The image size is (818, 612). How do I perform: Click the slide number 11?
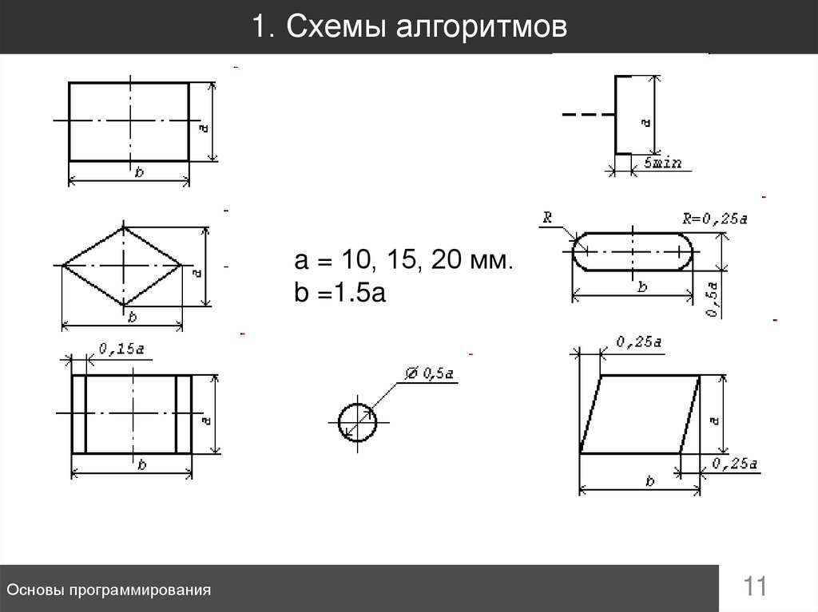pyautogui.click(x=755, y=587)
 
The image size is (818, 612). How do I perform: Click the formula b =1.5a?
pyautogui.click(x=340, y=294)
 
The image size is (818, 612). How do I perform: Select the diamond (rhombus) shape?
pyautogui.click(x=123, y=265)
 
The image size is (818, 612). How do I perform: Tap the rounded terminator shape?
pyautogui.click(x=632, y=251)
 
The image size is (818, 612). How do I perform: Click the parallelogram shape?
pyautogui.click(x=640, y=414)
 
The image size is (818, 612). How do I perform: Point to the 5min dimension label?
pyautogui.click(x=662, y=163)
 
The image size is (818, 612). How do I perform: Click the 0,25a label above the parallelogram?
pyautogui.click(x=638, y=342)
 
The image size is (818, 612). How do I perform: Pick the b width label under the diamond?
pyautogui.click(x=132, y=317)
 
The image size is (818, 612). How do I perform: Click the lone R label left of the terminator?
pyautogui.click(x=547, y=216)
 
